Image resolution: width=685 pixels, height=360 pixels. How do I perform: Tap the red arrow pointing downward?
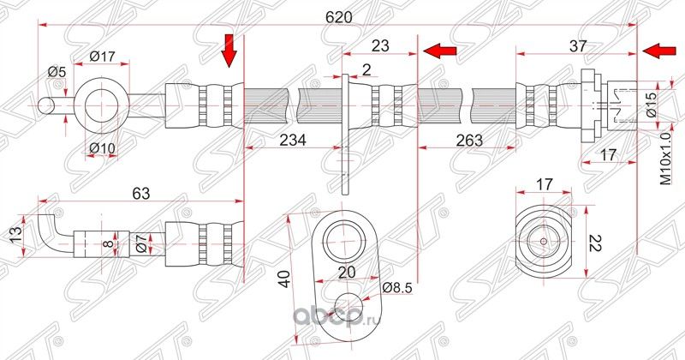[x=229, y=51]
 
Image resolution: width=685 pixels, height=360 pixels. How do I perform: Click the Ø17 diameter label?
[x=102, y=57]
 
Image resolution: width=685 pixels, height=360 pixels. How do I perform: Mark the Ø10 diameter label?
[x=102, y=148]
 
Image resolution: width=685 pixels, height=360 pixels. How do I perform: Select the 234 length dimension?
[x=293, y=141]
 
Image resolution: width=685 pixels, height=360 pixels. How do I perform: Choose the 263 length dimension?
[x=468, y=141]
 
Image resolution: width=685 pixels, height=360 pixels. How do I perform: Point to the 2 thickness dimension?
[x=366, y=69]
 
